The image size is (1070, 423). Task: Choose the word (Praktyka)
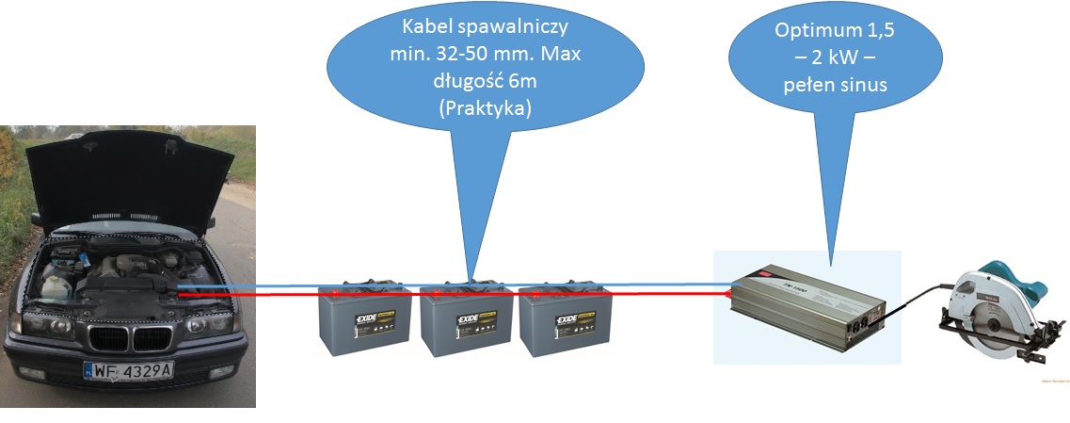click(486, 108)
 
